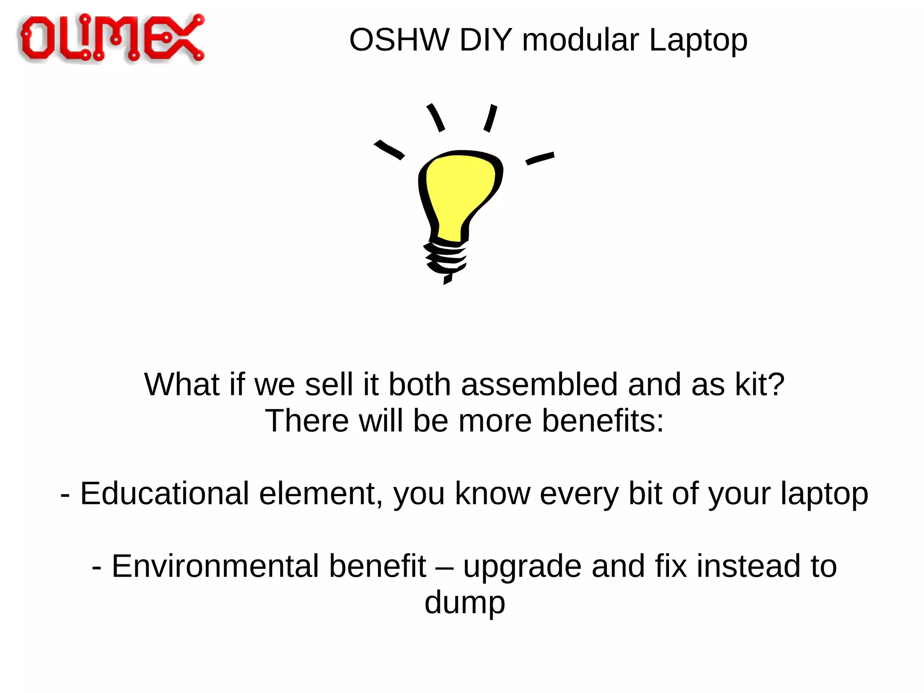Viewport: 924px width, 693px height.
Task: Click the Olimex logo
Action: (x=111, y=38)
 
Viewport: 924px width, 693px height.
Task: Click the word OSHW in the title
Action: (x=399, y=40)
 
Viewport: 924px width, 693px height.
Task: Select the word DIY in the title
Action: (x=485, y=40)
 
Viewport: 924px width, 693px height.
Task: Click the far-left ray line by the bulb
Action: (x=389, y=149)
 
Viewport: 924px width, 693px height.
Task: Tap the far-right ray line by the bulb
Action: (x=540, y=158)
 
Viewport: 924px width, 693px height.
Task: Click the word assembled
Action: (x=539, y=385)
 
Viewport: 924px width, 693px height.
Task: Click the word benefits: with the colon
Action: (x=603, y=421)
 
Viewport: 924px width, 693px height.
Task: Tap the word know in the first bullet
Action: (x=492, y=493)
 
